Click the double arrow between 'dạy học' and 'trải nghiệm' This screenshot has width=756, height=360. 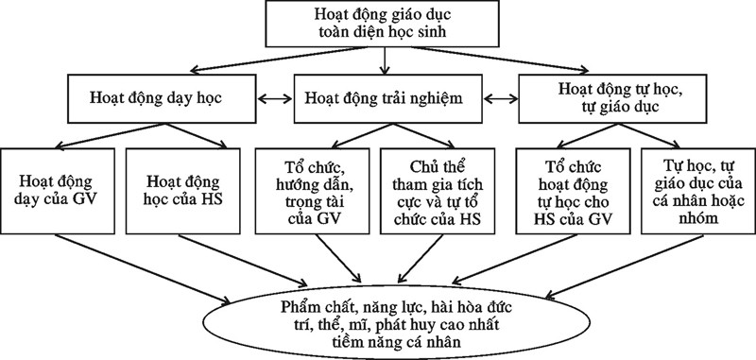pyautogui.click(x=273, y=96)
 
